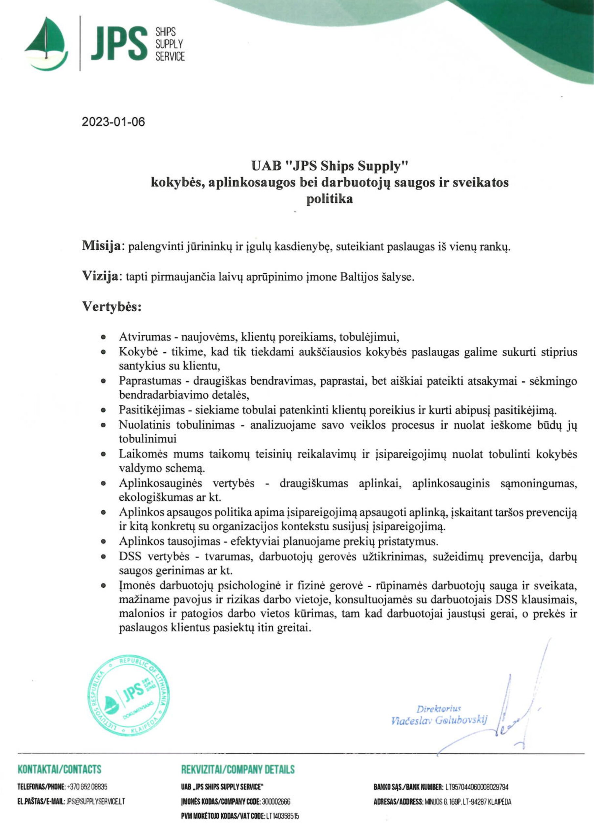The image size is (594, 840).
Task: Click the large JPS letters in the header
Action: [x=119, y=44]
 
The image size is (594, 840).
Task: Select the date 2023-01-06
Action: [x=113, y=122]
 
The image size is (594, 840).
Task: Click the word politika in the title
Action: [x=330, y=199]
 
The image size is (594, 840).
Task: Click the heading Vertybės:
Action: [x=112, y=306]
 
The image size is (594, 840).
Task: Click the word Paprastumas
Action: [x=150, y=381]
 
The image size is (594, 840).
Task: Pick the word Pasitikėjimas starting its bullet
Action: [x=152, y=410]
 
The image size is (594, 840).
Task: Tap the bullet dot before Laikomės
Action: [x=104, y=455]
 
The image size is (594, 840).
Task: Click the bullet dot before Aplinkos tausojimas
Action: [x=104, y=541]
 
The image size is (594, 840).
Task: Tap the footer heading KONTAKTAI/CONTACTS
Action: [x=59, y=769]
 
